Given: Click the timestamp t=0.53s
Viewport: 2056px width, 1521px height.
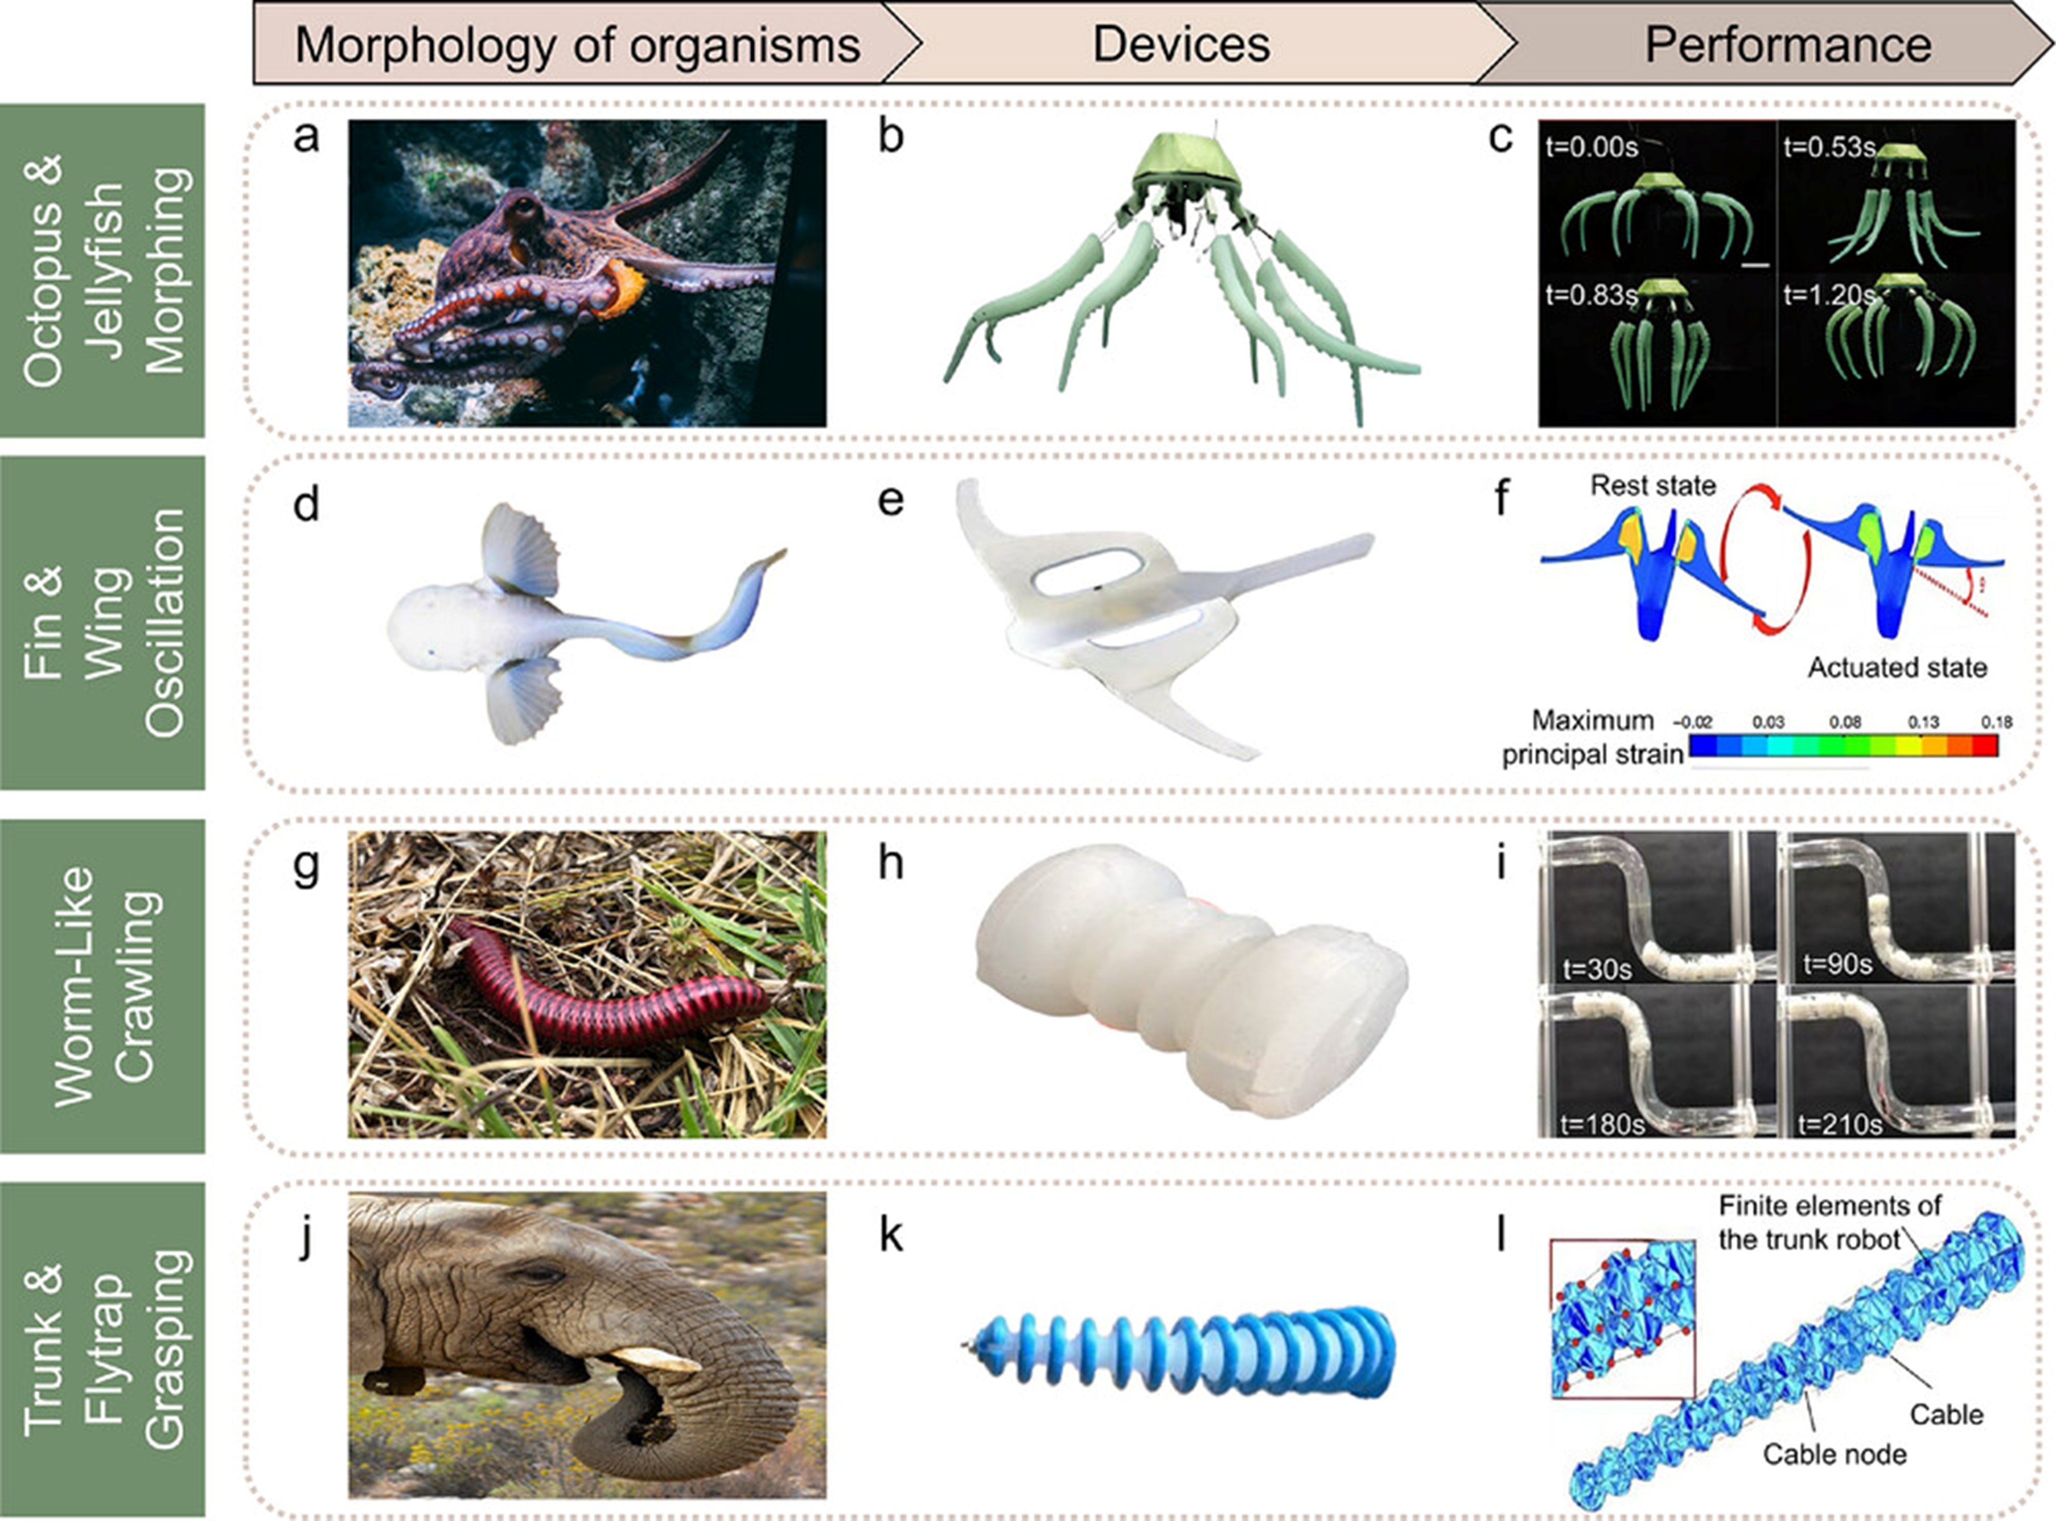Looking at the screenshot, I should (1829, 147).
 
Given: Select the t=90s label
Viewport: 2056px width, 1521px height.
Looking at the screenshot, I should (1837, 964).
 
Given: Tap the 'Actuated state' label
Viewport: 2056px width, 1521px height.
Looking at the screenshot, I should (1897, 667).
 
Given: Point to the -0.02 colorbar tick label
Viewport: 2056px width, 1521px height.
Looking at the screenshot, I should (1691, 723).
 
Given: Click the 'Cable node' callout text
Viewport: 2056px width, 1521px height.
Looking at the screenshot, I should (1834, 1454).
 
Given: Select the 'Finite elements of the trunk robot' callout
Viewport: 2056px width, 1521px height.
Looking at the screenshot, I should (1830, 1223).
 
